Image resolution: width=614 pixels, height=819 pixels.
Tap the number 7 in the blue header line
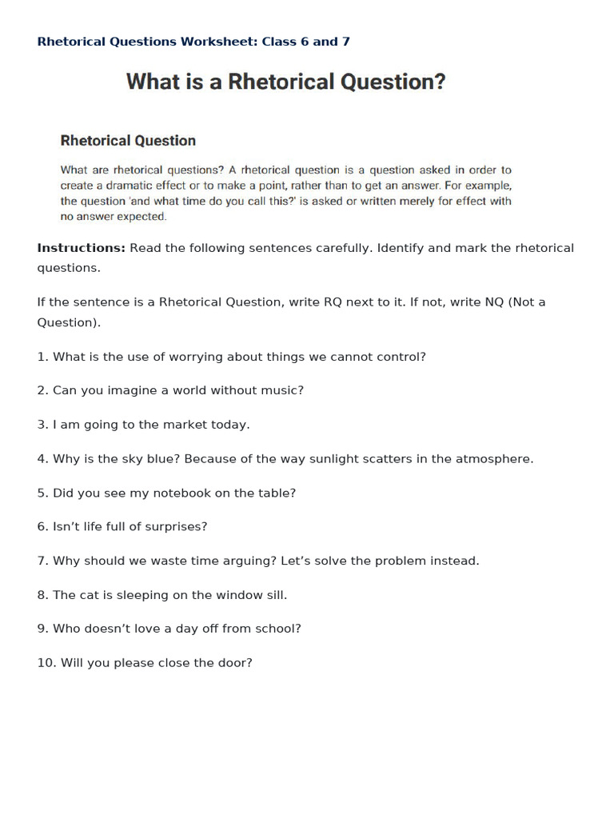tap(346, 42)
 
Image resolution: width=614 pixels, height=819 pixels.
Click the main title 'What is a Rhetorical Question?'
tap(285, 82)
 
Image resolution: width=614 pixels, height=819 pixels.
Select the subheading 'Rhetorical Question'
tap(128, 141)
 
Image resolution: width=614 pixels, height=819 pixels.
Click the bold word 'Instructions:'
tap(81, 248)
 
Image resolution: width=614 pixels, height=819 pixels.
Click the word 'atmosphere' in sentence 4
tap(495, 459)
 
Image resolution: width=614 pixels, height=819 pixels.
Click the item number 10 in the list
tap(46, 663)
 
